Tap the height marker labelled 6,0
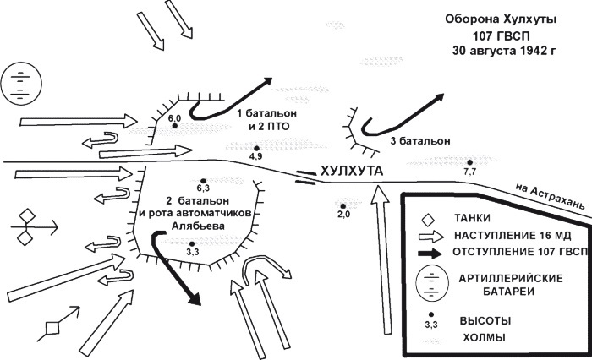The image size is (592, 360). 175,127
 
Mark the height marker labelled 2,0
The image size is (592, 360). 342,205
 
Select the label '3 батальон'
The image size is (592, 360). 419,140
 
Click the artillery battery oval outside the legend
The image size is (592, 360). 18,82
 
